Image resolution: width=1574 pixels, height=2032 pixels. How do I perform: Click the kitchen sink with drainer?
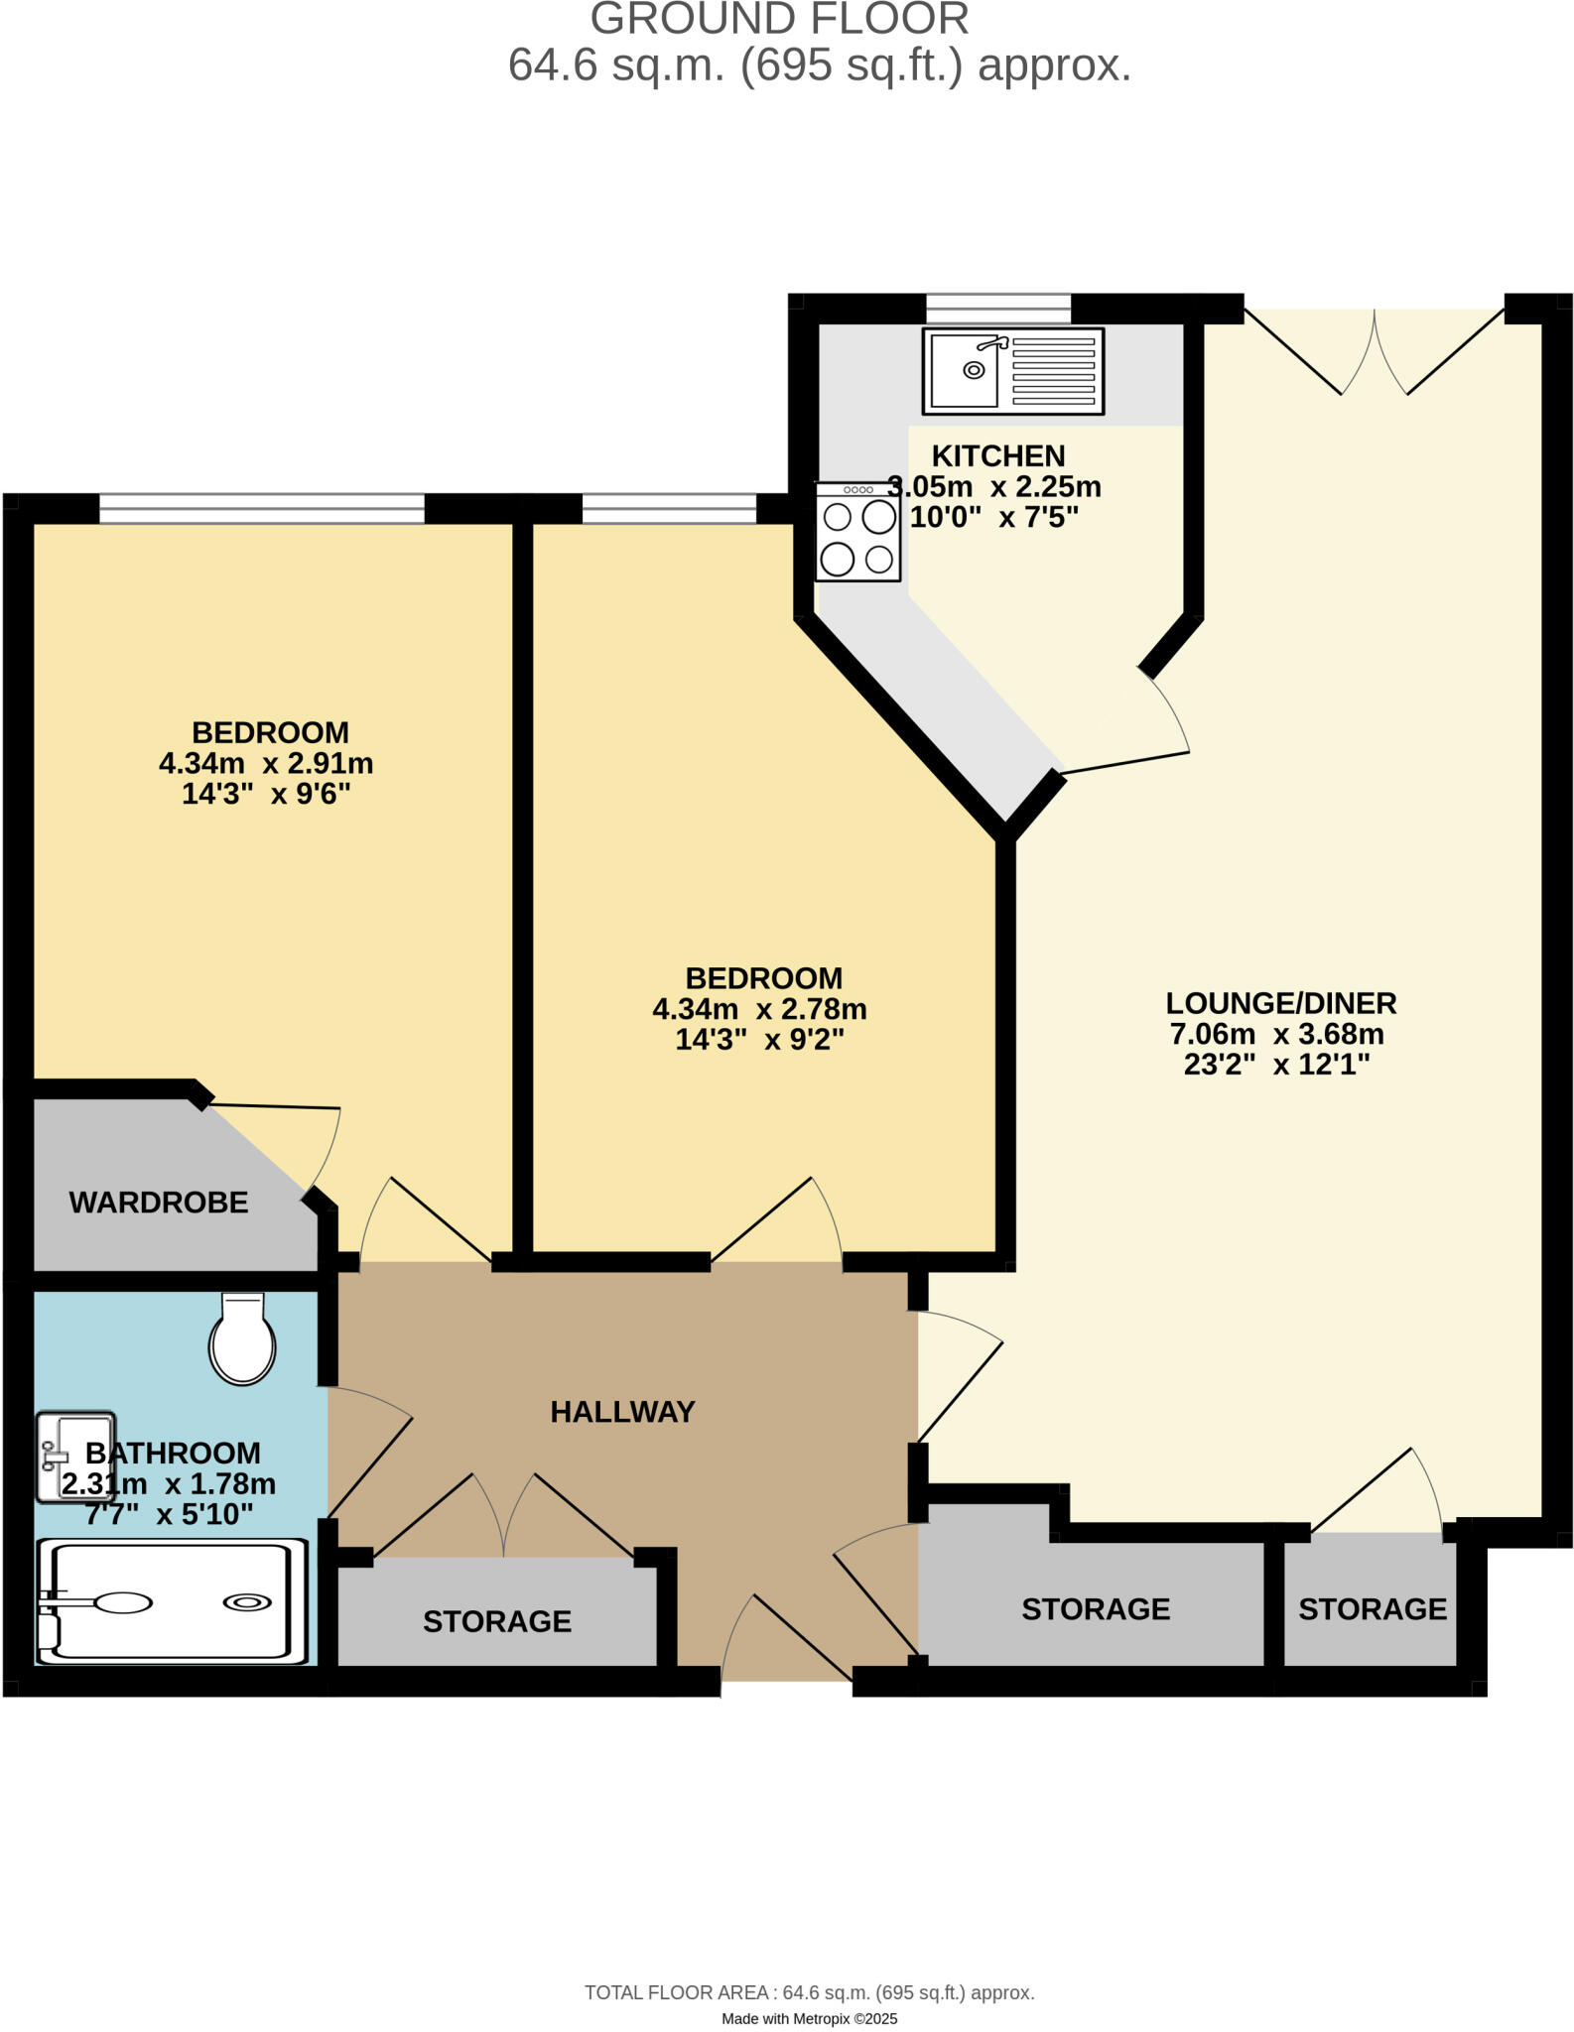(x=1012, y=370)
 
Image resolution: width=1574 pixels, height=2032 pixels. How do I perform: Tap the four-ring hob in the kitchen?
(x=857, y=532)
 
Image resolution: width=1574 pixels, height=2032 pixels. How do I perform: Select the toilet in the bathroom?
(x=241, y=1338)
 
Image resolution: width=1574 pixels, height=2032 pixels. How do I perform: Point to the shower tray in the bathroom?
(x=171, y=1601)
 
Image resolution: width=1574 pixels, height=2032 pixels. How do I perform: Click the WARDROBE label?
(x=158, y=1203)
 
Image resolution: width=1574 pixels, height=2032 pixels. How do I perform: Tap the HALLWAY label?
(x=622, y=1412)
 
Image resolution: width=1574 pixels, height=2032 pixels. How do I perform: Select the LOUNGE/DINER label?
(x=1280, y=1003)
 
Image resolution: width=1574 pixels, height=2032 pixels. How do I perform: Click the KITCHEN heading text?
(x=997, y=456)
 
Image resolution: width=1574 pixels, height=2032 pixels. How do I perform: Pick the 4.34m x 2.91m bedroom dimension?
(x=266, y=764)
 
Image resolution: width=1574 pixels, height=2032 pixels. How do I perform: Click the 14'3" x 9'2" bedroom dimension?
(x=759, y=1040)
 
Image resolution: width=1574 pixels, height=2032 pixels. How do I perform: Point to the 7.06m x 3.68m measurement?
(x=1276, y=1035)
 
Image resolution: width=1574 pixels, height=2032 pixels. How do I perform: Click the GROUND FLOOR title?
(x=779, y=20)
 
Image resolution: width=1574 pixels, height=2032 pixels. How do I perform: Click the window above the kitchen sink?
(x=998, y=308)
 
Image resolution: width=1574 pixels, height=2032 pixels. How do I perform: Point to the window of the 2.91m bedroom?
(x=262, y=509)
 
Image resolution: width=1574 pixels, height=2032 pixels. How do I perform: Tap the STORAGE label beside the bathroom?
(x=496, y=1621)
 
